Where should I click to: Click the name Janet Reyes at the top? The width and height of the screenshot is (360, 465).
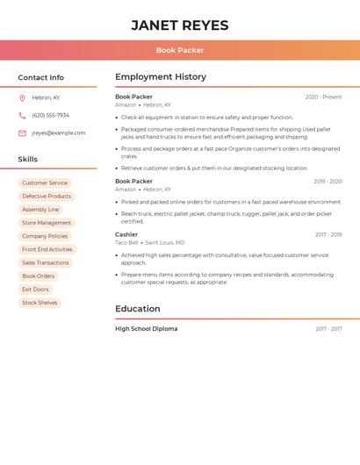pyautogui.click(x=180, y=25)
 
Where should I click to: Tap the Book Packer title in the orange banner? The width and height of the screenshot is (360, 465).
pyautogui.click(x=180, y=50)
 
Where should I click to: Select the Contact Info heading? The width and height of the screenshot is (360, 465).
pyautogui.click(x=41, y=77)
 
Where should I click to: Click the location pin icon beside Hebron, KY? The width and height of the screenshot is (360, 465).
pyautogui.click(x=22, y=97)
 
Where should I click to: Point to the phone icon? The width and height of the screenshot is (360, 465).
pyautogui.click(x=22, y=115)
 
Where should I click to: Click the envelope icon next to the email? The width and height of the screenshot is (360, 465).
pyautogui.click(x=22, y=133)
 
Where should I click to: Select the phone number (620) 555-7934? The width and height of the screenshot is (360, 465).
pyautogui.click(x=50, y=115)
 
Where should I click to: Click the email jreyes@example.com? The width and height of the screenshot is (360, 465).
pyautogui.click(x=59, y=133)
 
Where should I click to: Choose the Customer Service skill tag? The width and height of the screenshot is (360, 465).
pyautogui.click(x=45, y=183)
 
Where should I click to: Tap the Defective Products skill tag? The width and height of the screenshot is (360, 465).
pyautogui.click(x=47, y=197)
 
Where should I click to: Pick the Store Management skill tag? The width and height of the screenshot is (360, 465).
pyautogui.click(x=47, y=223)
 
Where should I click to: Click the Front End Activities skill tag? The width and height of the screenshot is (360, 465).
pyautogui.click(x=47, y=249)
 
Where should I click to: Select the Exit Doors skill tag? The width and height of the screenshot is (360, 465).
pyautogui.click(x=36, y=290)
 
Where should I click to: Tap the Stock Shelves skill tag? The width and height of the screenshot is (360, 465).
pyautogui.click(x=40, y=303)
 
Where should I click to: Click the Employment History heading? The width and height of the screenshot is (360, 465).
pyautogui.click(x=161, y=77)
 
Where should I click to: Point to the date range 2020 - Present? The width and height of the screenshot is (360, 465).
pyautogui.click(x=323, y=97)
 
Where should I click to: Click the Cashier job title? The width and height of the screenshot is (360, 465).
pyautogui.click(x=126, y=234)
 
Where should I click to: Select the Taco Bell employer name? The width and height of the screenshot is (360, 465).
pyautogui.click(x=127, y=242)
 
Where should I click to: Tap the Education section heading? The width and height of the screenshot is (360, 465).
pyautogui.click(x=138, y=309)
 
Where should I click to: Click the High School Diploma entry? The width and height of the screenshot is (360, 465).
pyautogui.click(x=147, y=329)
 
